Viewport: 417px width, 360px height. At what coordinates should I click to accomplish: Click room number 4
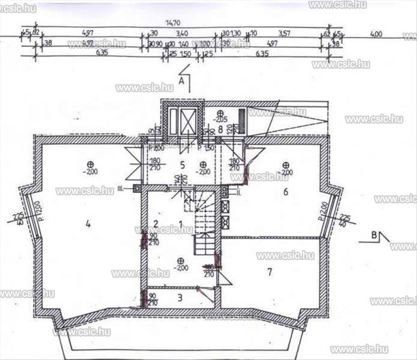(88, 224)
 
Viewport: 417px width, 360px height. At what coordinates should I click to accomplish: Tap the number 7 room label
(270, 272)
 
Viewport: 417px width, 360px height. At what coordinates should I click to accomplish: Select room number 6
(286, 192)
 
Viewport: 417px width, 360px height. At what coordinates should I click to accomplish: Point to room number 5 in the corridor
(182, 165)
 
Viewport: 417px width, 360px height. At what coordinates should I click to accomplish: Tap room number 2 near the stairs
(156, 223)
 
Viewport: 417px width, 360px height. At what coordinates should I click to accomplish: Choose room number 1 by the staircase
(180, 224)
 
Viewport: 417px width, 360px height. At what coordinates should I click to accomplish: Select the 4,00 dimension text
(376, 34)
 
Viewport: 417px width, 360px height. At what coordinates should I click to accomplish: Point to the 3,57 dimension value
(284, 33)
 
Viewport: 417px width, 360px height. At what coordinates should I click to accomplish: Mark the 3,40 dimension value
(182, 33)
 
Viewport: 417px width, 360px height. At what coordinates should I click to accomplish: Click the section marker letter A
(182, 81)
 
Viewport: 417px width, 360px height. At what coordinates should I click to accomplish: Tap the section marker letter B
(374, 236)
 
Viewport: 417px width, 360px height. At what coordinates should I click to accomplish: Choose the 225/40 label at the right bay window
(345, 220)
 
